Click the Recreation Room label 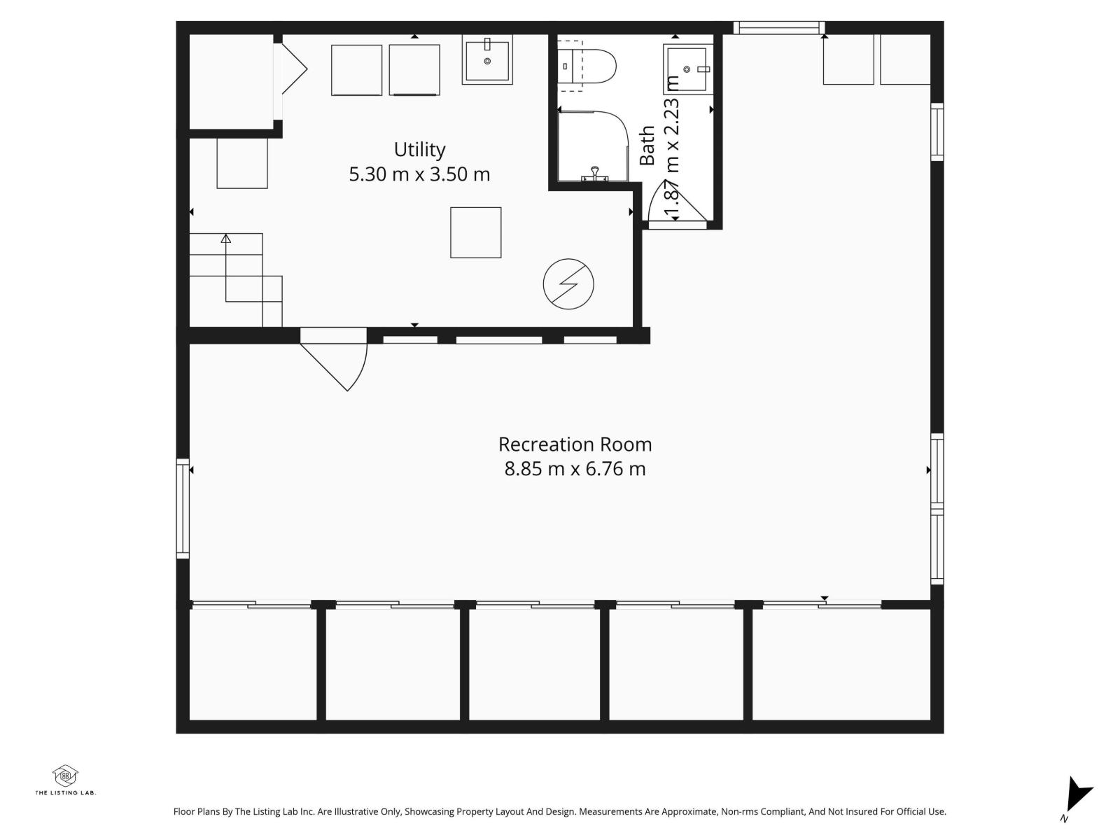tap(575, 444)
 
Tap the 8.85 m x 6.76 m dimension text tap(575, 468)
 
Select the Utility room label tap(419, 150)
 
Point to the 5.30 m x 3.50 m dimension tap(419, 174)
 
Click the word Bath tap(647, 146)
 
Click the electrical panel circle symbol tap(568, 284)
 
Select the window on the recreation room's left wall tap(183, 508)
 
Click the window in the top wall tap(777, 28)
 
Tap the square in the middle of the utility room tap(475, 232)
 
